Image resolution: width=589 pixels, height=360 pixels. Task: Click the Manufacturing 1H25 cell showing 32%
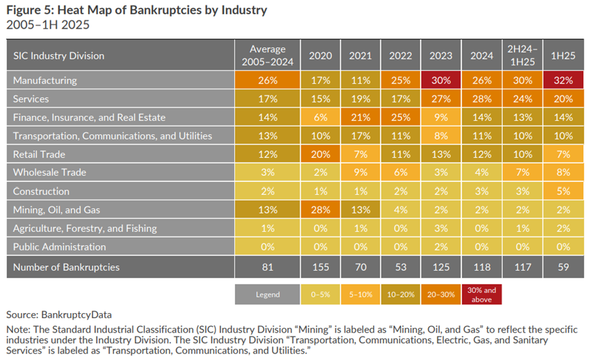(563, 81)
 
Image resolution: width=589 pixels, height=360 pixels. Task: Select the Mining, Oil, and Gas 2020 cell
(320, 210)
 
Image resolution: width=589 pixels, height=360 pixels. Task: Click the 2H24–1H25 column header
(522, 56)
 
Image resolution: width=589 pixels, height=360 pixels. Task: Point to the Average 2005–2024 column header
(267, 56)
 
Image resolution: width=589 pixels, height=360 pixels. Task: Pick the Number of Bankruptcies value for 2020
(320, 266)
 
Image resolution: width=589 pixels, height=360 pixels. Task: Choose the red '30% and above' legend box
(482, 295)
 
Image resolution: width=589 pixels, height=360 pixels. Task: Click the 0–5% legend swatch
(321, 295)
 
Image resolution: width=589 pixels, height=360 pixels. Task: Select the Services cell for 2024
(481, 99)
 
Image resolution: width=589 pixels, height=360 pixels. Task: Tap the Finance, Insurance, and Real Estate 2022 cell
(400, 117)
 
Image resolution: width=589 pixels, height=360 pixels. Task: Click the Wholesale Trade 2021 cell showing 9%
(361, 173)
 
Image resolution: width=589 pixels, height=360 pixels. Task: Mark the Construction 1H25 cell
(563, 192)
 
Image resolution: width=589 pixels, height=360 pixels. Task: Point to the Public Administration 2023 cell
(441, 247)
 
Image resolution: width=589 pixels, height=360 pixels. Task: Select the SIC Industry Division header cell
(121, 56)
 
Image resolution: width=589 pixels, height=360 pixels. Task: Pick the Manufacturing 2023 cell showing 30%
(441, 81)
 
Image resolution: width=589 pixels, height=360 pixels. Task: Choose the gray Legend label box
(267, 295)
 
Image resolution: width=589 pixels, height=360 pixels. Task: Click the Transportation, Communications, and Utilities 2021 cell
(361, 136)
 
